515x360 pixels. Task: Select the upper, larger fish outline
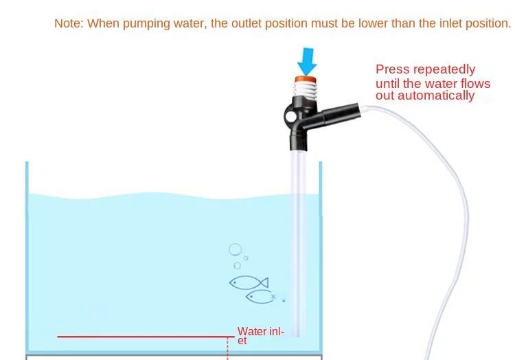click(248, 282)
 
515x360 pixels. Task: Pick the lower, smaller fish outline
click(262, 297)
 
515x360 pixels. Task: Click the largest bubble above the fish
click(236, 250)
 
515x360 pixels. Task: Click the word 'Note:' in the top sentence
click(69, 23)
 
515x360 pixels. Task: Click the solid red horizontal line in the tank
click(144, 337)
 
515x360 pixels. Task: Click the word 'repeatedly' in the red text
click(444, 69)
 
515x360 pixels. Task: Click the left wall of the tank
click(27, 261)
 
